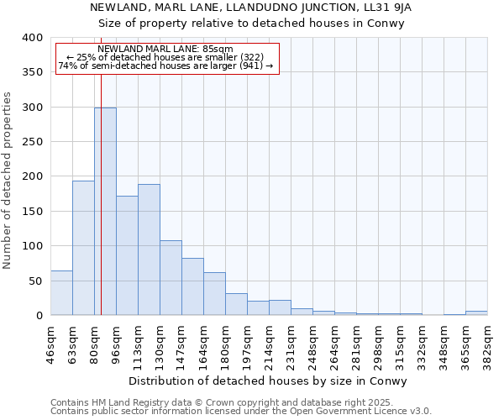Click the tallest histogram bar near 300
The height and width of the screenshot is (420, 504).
pyautogui.click(x=105, y=212)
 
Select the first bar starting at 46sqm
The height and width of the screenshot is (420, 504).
pyautogui.click(x=61, y=293)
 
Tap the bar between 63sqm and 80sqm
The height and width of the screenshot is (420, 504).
pyautogui.click(x=83, y=248)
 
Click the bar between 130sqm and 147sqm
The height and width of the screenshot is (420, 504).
pyautogui.click(x=171, y=278)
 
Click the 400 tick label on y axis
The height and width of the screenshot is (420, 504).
pyautogui.click(x=32, y=38)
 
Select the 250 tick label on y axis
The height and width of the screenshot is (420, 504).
pyautogui.click(x=32, y=142)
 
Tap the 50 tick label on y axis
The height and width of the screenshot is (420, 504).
pyautogui.click(x=35, y=281)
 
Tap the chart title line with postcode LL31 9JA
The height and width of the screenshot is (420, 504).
pyautogui.click(x=251, y=8)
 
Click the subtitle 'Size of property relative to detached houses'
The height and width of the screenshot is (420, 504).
pyautogui.click(x=251, y=23)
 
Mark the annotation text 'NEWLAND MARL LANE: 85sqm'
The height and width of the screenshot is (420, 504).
pyautogui.click(x=165, y=50)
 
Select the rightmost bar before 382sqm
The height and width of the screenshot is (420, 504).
pyautogui.click(x=476, y=312)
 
